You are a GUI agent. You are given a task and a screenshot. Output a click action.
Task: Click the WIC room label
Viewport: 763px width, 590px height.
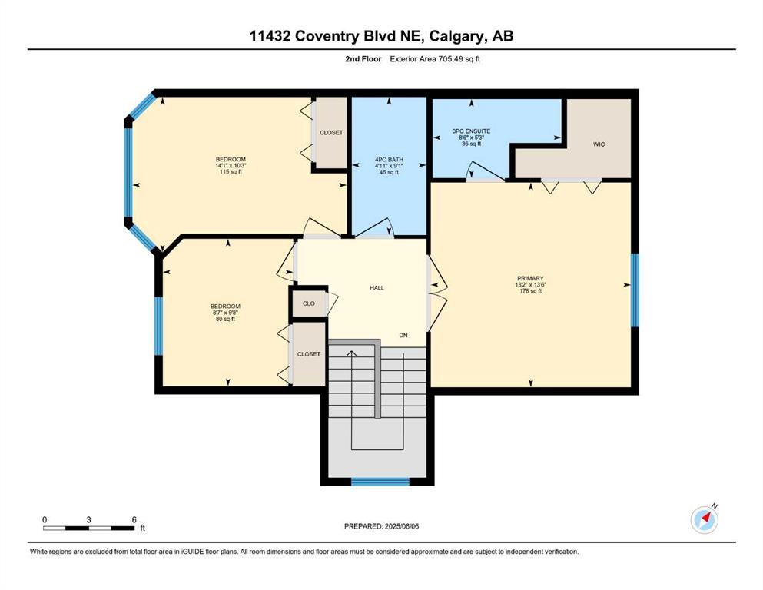pyautogui.click(x=599, y=144)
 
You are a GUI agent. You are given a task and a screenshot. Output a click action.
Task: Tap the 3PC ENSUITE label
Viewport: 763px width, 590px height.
pyautogui.click(x=471, y=131)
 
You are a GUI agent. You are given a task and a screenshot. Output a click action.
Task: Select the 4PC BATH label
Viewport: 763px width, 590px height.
pyautogui.click(x=389, y=160)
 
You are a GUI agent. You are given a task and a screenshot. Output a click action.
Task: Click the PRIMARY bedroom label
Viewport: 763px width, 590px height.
pyautogui.click(x=530, y=279)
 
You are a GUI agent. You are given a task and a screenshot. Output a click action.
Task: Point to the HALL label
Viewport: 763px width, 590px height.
pyautogui.click(x=377, y=288)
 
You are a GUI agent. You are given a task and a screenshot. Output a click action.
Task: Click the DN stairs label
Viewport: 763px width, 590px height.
pyautogui.click(x=403, y=335)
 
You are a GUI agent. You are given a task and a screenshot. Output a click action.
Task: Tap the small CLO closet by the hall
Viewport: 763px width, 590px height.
pyautogui.click(x=309, y=303)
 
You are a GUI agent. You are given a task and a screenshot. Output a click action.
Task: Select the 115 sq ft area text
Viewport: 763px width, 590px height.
pyautogui.click(x=231, y=171)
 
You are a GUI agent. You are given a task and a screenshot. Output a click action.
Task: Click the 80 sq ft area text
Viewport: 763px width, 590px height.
pyautogui.click(x=225, y=319)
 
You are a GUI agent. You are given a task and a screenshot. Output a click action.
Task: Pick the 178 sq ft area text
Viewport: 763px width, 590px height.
pyautogui.click(x=530, y=291)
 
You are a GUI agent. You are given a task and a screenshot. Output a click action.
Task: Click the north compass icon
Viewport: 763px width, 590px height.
pyautogui.click(x=704, y=519)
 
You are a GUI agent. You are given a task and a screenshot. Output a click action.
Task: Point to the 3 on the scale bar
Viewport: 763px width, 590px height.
pyautogui.click(x=88, y=519)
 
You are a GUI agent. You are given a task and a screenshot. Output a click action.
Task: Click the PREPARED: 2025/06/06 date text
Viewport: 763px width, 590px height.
pyautogui.click(x=381, y=526)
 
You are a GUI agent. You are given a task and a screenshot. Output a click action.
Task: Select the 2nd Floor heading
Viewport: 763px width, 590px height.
pyautogui.click(x=363, y=59)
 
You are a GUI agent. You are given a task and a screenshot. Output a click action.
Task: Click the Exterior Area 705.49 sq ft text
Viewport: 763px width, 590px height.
pyautogui.click(x=435, y=59)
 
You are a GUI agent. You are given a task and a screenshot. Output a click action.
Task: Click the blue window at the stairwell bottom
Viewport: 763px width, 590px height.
pyautogui.click(x=380, y=482)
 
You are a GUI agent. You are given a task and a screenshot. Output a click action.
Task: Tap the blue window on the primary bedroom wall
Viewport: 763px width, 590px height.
pyautogui.click(x=635, y=290)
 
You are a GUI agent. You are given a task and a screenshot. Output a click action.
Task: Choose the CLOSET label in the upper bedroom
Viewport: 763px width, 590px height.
pyautogui.click(x=331, y=133)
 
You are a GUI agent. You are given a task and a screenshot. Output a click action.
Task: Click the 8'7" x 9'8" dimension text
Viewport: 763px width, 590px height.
pyautogui.click(x=225, y=313)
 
